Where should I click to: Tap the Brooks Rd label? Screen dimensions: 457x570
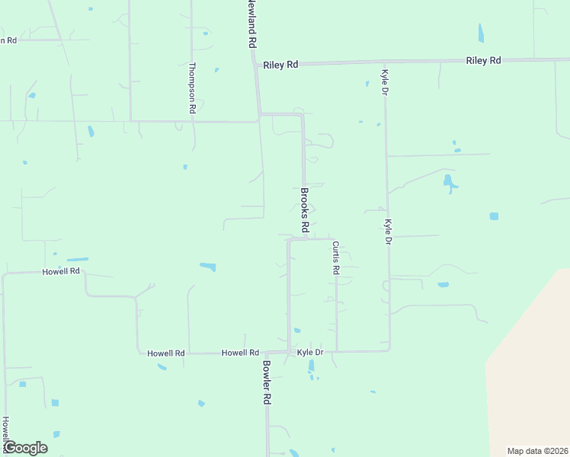(304, 210)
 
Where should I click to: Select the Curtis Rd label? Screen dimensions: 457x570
(335, 257)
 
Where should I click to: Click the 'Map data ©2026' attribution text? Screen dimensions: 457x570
(538, 451)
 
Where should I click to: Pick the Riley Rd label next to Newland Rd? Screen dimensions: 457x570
(280, 66)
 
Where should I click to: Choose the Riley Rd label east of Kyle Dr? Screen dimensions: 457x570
(483, 60)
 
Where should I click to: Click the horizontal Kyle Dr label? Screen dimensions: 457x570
(310, 353)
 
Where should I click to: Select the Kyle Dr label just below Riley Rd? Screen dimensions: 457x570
(385, 81)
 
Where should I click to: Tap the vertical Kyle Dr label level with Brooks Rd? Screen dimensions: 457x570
(388, 232)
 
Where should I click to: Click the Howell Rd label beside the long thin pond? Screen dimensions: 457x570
(61, 271)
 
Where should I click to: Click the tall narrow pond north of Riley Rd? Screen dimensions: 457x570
(480, 33)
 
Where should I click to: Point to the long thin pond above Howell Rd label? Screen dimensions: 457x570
(78, 260)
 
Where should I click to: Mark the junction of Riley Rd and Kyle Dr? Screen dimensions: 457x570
(385, 63)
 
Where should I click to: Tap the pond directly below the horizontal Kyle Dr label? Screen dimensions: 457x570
(311, 366)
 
